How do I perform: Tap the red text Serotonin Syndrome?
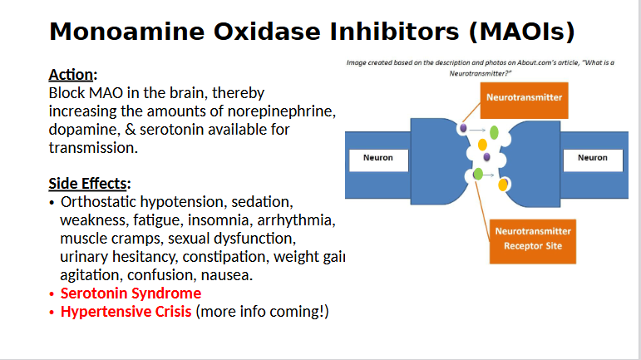(131, 293)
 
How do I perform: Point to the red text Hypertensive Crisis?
(126, 312)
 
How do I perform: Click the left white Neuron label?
(378, 158)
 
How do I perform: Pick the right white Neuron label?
(592, 158)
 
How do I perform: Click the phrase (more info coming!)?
(263, 312)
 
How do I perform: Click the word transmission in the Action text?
(92, 148)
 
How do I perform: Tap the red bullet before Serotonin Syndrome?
(52, 293)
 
